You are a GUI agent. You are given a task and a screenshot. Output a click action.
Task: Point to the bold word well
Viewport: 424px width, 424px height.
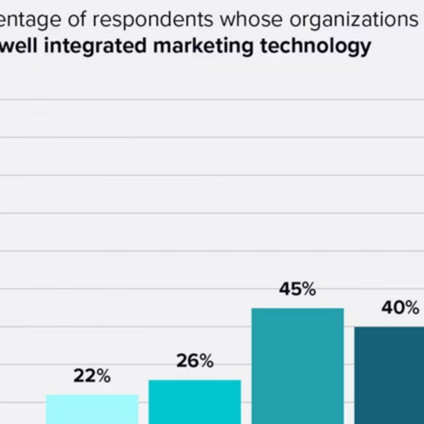click(19, 46)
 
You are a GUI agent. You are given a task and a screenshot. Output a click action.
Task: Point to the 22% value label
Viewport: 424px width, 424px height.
click(92, 376)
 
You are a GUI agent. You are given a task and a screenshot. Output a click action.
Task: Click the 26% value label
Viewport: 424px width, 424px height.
click(195, 361)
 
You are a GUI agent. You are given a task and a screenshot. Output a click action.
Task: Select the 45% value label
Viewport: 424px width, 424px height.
click(297, 289)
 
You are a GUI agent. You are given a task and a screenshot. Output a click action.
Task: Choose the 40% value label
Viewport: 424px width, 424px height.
click(400, 308)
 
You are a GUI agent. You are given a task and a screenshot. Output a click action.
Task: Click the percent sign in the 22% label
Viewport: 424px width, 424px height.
click(102, 376)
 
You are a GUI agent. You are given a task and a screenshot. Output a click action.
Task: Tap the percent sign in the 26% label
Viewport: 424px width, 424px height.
click(205, 361)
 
